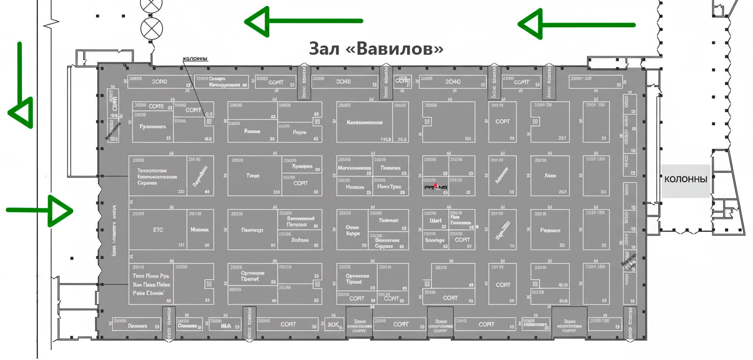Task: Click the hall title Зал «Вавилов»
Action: pyautogui.click(x=375, y=49)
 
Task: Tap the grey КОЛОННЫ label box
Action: pyautogui.click(x=685, y=181)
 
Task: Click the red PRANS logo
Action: pyautogui.click(x=435, y=188)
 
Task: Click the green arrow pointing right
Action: pyautogui.click(x=41, y=210)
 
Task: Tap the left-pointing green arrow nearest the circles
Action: pyautogui.click(x=304, y=21)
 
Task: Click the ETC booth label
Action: pyautogui.click(x=158, y=230)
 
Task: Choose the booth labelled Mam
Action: pyautogui.click(x=550, y=175)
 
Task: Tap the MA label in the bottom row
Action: pyautogui.click(x=226, y=325)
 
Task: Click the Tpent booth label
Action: pyautogui.click(x=253, y=175)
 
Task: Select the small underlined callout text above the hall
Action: pyautogui.click(x=195, y=59)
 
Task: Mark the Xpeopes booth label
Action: pyautogui.click(x=302, y=166)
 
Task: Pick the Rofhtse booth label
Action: pyautogui.click(x=300, y=240)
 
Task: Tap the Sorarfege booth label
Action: pyautogui.click(x=435, y=240)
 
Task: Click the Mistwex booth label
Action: pyautogui.click(x=199, y=230)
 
